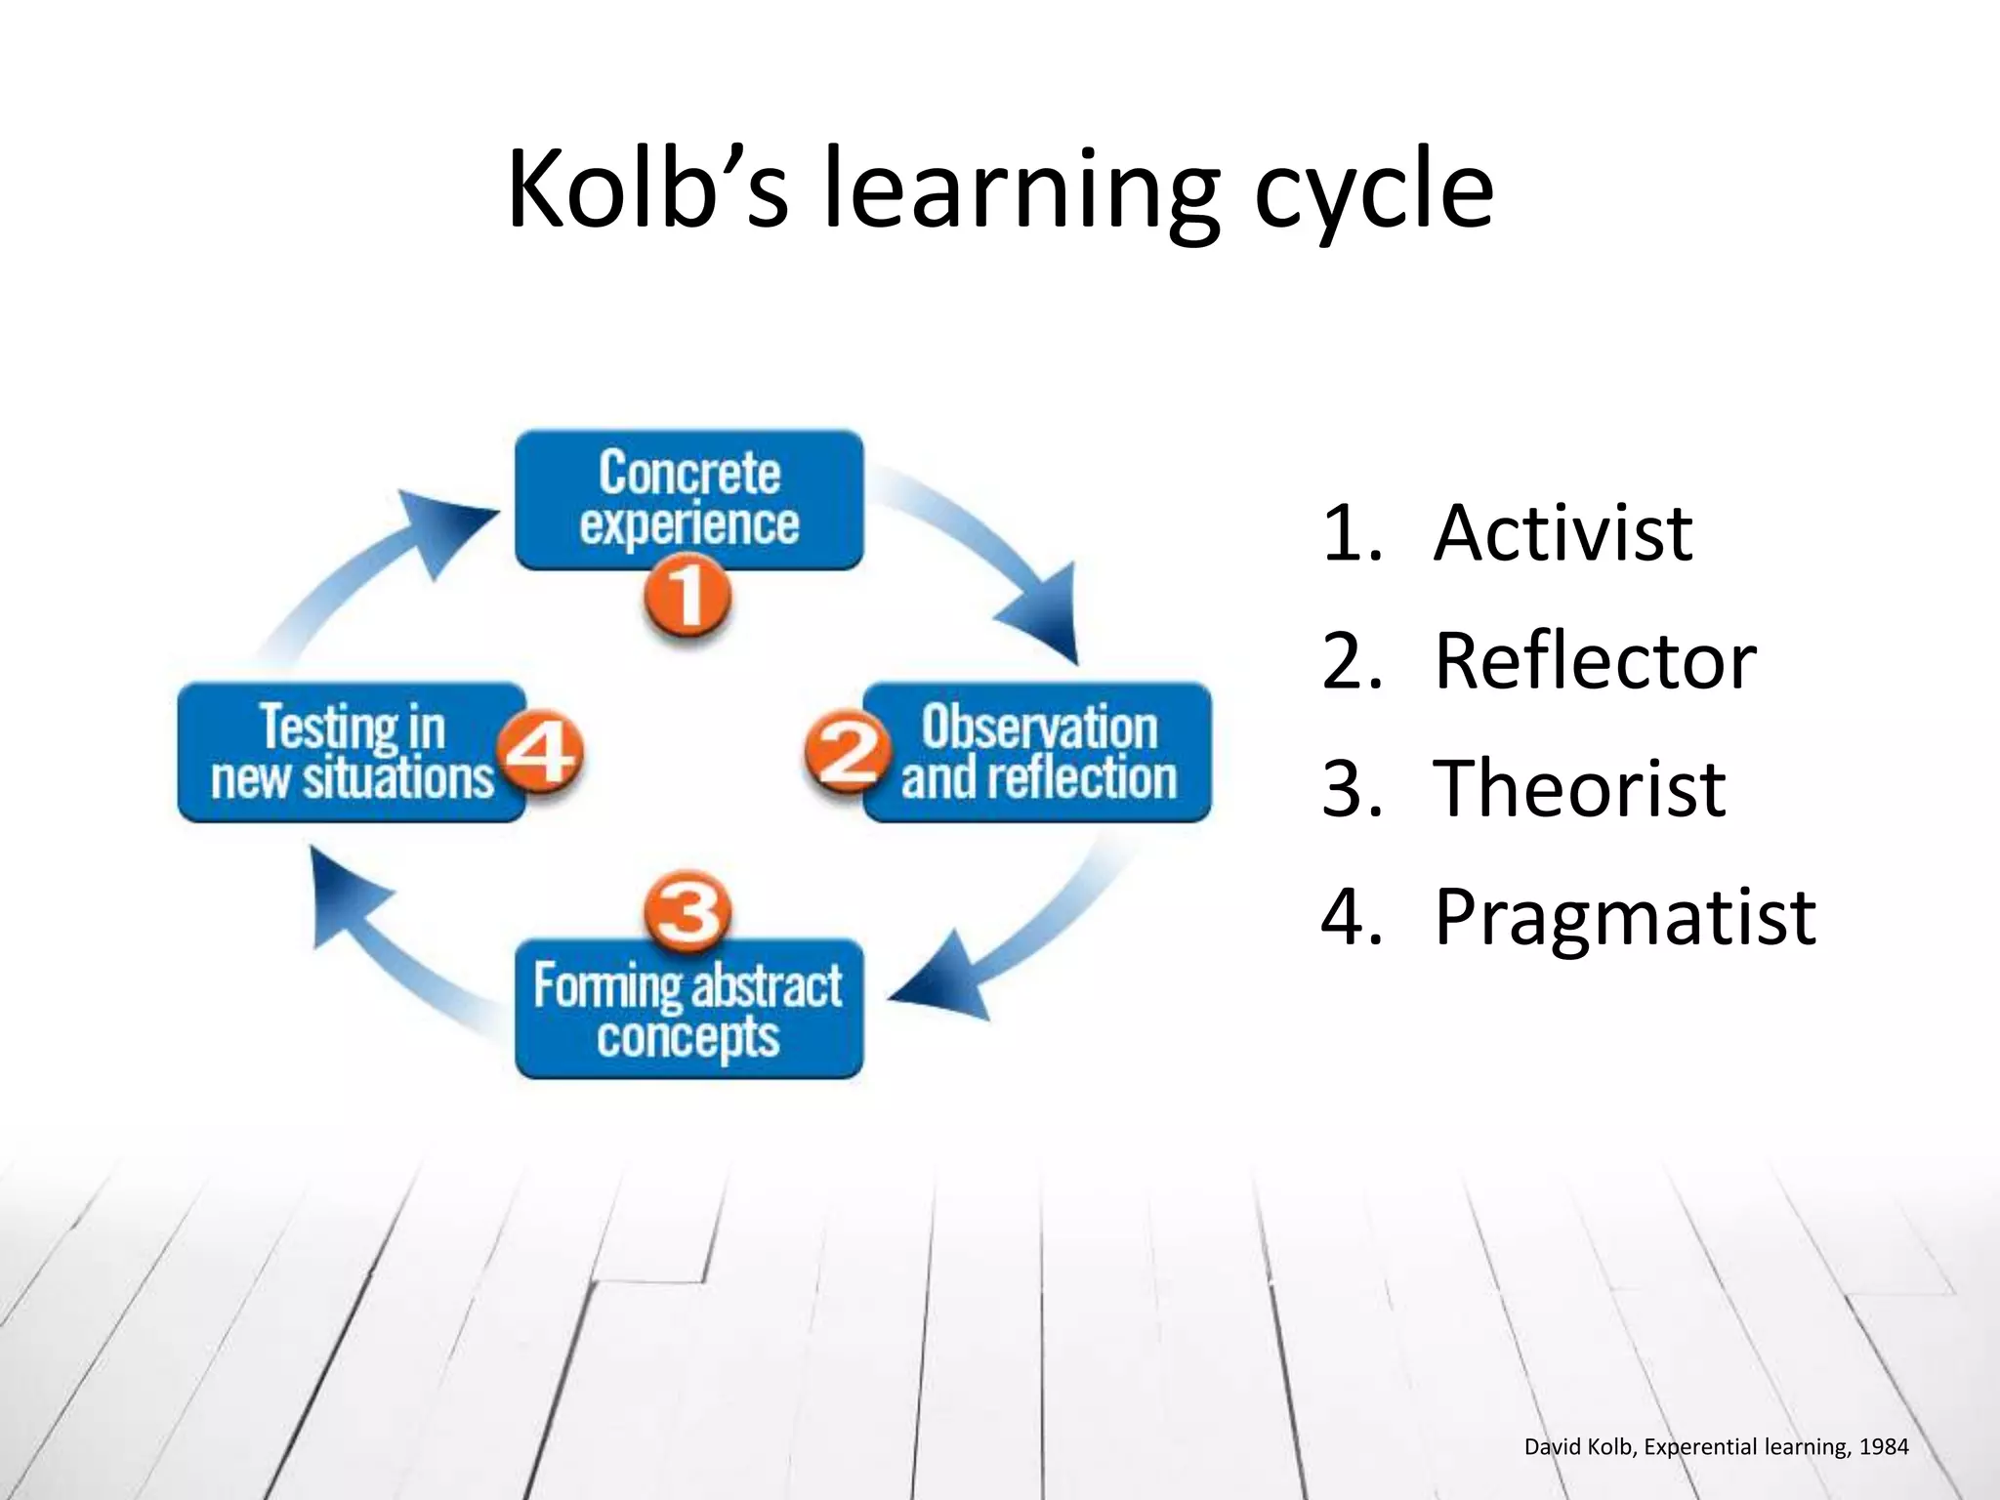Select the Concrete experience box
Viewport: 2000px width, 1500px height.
[x=688, y=498]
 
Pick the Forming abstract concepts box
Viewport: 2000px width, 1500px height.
[x=688, y=1011]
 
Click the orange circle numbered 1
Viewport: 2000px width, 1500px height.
[x=687, y=597]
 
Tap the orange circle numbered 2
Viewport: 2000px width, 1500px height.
[x=847, y=752]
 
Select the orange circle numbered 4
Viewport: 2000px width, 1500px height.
[x=539, y=752]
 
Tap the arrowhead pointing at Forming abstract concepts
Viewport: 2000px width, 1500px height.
[x=942, y=981]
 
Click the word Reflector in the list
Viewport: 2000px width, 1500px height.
[x=1595, y=662]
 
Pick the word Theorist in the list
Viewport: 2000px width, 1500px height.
[x=1579, y=788]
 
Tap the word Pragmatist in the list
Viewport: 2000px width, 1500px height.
[x=1625, y=917]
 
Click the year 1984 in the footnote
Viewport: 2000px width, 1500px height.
[x=1883, y=1447]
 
